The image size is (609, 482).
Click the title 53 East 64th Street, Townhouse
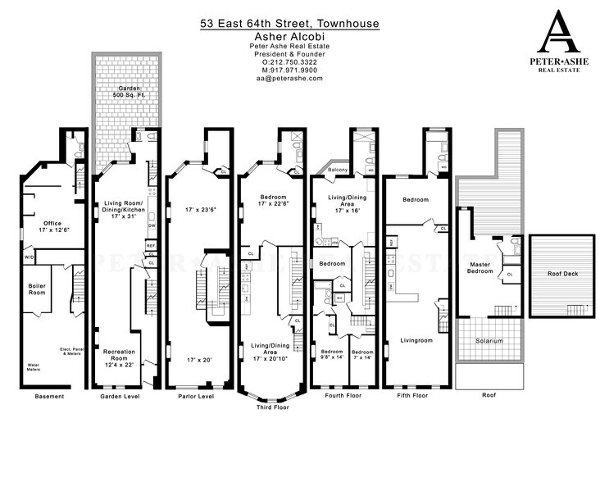[x=290, y=23]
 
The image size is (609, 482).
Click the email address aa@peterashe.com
[x=290, y=78]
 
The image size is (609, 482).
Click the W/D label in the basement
[x=30, y=257]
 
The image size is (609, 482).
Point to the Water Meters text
[x=35, y=366]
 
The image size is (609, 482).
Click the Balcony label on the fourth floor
[x=340, y=170]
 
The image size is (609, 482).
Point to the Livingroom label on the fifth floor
[x=416, y=338]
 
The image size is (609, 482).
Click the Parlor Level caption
[x=195, y=397]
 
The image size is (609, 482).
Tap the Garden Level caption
[x=120, y=397]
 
